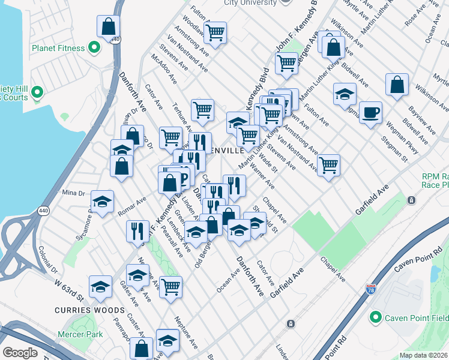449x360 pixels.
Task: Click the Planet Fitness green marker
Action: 94,47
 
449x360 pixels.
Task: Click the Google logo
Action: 20,353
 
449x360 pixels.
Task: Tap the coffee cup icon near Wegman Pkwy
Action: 370,112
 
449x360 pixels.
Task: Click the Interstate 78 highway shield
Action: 371,290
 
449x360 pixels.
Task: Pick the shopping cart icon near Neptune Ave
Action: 171,286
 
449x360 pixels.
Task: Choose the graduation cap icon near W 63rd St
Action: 100,286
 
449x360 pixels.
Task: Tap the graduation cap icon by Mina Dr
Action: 102,202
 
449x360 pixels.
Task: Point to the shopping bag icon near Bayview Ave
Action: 397,85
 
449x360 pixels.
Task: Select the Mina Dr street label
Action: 73,193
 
